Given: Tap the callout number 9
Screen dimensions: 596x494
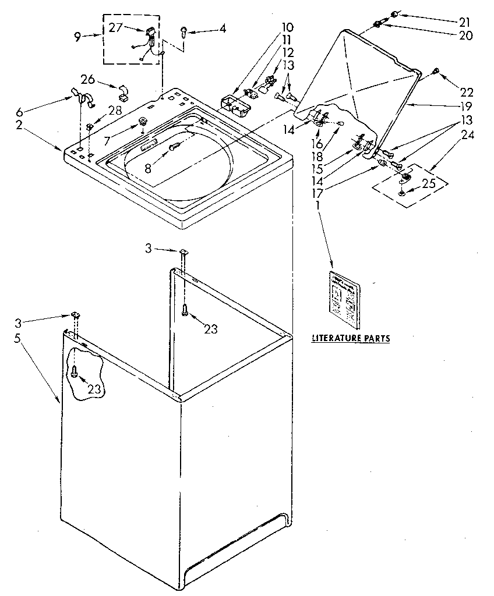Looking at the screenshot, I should [x=77, y=37].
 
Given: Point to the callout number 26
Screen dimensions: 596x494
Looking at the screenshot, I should [x=88, y=79].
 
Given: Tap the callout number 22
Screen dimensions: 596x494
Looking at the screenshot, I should [x=467, y=92].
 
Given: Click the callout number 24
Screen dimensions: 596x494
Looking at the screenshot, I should [x=466, y=136].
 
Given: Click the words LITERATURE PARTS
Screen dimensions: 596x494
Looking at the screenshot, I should [x=351, y=338].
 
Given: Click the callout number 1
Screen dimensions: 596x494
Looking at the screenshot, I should [x=318, y=205].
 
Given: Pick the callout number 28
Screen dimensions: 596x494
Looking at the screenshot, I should [x=115, y=111].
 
